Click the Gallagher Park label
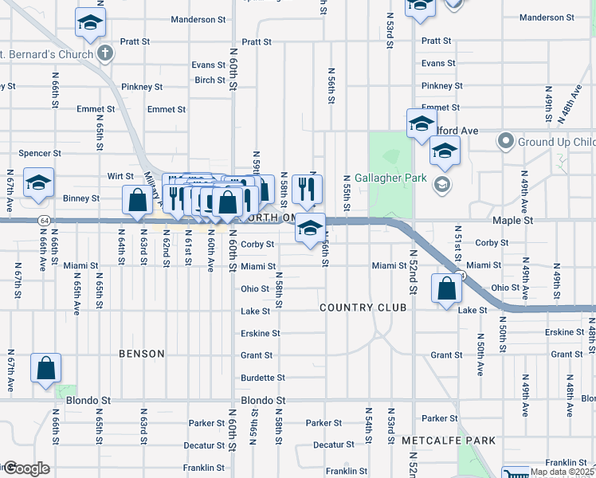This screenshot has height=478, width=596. [x=391, y=178]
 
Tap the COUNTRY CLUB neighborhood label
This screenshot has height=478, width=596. [x=363, y=308]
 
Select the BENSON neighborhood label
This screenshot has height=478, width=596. [x=141, y=353]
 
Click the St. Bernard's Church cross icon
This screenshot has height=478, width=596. [x=104, y=53]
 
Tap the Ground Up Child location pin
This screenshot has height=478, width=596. [x=504, y=143]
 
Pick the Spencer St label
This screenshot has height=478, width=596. [x=40, y=153]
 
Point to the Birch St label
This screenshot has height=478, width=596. [x=210, y=80]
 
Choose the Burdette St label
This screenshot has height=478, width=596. [x=263, y=378]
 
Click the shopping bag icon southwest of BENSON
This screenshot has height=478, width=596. [x=46, y=368]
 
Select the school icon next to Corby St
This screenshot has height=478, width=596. [x=310, y=229]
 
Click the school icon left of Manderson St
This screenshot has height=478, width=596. [x=91, y=22]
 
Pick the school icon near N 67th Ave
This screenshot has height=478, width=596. [x=38, y=183]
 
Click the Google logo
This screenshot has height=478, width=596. [x=25, y=468]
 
